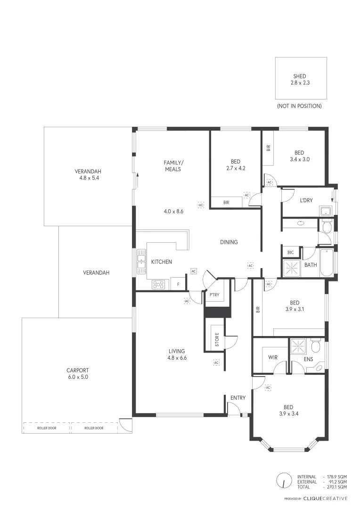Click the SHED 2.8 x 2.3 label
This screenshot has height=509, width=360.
[x=300, y=79]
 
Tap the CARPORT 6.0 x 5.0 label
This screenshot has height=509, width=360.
[x=77, y=373]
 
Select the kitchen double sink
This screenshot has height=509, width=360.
[x=141, y=262]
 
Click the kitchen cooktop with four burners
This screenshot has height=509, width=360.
[x=158, y=284]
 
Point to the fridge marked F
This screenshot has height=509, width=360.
[x=178, y=284]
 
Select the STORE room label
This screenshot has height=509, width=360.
[x=217, y=340]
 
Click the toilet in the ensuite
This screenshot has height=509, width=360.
[x=317, y=347]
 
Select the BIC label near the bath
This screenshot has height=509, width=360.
[x=290, y=253]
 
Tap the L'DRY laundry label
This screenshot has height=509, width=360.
[x=307, y=201]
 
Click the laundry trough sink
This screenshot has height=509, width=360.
[x=325, y=211]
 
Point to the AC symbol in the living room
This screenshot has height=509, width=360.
[x=216, y=362]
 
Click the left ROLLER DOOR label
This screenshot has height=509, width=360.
[x=47, y=428]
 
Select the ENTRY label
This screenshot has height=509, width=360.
[x=238, y=398]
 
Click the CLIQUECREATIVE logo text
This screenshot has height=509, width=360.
[x=326, y=498]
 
